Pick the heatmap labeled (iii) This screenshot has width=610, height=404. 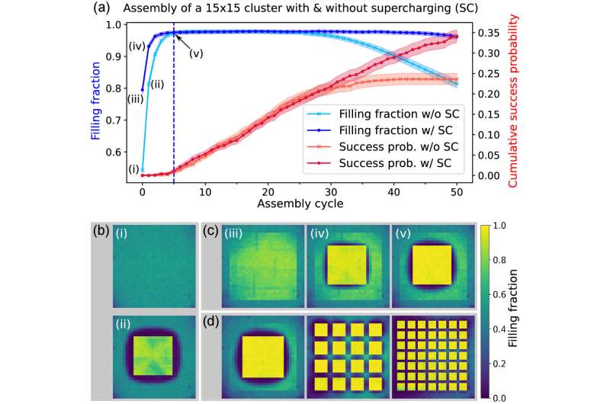tap(248, 268)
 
